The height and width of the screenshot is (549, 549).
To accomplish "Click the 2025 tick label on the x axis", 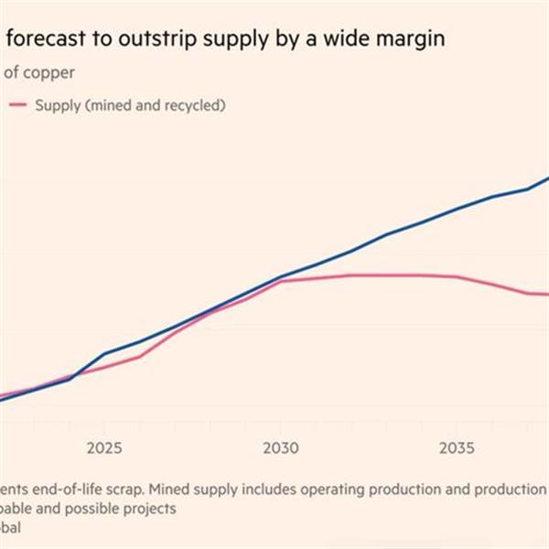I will click(104, 449).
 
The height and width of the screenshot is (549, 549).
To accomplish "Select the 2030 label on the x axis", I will click(281, 449).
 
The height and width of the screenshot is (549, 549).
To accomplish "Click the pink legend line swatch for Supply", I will click(17, 105).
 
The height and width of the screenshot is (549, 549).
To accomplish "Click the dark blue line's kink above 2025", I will click(104, 354).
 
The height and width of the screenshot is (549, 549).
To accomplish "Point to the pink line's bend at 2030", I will click(281, 280).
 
